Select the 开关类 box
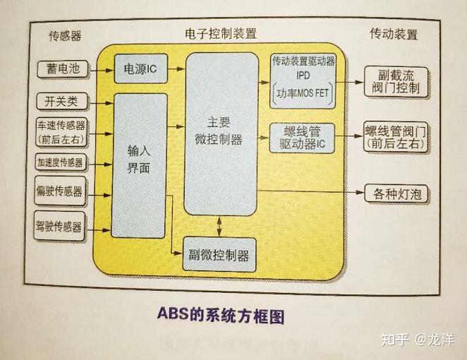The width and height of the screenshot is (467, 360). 61,100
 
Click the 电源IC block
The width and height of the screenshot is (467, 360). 140,69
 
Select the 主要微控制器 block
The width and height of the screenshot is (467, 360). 220,131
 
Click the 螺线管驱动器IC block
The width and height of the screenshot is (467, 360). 303,136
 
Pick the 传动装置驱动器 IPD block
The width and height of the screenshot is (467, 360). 303,77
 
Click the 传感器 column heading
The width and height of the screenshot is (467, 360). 65,36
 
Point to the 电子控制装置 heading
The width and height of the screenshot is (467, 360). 220,34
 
